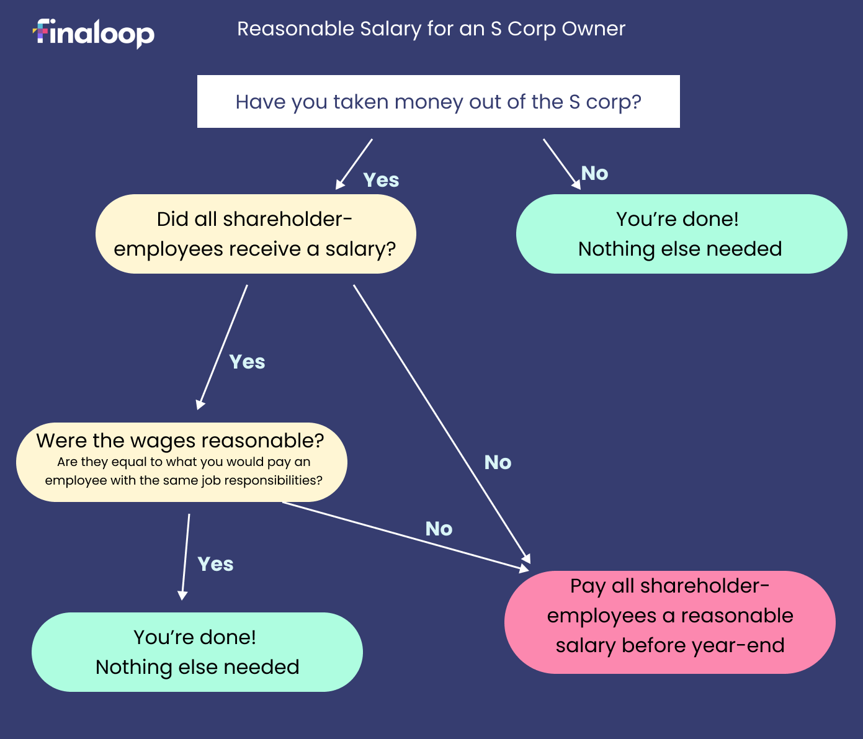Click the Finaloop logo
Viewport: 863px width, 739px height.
click(x=94, y=33)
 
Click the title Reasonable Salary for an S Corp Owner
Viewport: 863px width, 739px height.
click(x=431, y=29)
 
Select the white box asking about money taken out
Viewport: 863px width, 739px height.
click(x=438, y=102)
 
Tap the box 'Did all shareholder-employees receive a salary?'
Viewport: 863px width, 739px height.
click(x=255, y=234)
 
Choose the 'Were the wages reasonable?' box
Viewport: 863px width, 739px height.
click(x=181, y=462)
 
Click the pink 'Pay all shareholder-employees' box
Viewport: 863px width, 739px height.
click(x=669, y=622)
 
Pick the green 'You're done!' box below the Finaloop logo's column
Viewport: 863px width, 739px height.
click(x=197, y=652)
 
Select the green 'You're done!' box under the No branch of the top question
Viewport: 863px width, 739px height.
click(x=681, y=234)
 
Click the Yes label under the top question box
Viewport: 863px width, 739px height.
click(x=381, y=180)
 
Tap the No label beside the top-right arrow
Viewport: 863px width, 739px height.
click(x=594, y=173)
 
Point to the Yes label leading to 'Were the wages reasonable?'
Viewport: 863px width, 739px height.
click(x=247, y=362)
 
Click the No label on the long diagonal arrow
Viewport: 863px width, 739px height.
click(x=498, y=462)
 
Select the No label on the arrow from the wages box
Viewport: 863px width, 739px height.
click(x=439, y=529)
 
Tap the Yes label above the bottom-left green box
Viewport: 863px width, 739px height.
click(x=215, y=564)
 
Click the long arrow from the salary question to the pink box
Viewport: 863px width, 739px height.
click(x=440, y=422)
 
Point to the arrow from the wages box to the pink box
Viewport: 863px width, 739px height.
click(x=403, y=535)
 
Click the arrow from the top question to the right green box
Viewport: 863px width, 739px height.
click(x=561, y=163)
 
